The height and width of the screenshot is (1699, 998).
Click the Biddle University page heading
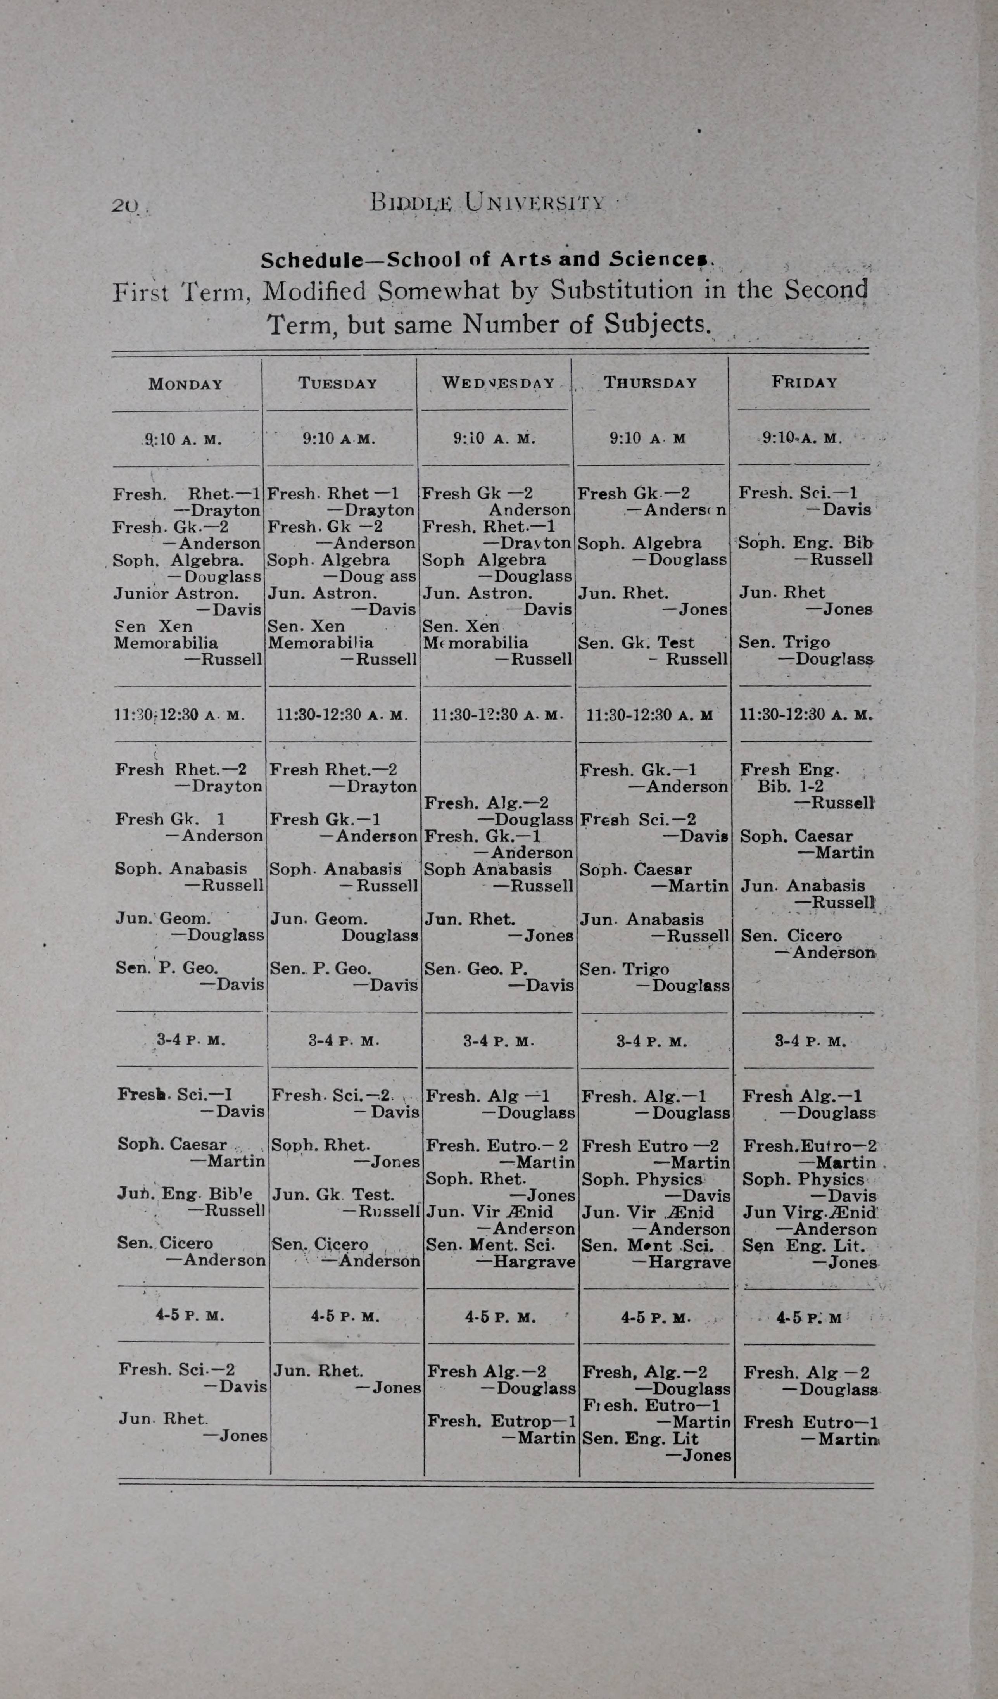[x=487, y=202]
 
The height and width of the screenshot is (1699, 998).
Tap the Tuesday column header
[x=338, y=383]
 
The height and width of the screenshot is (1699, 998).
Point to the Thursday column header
[x=650, y=383]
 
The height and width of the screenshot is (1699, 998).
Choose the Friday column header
[x=805, y=382]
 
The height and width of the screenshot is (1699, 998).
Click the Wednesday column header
[x=498, y=383]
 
